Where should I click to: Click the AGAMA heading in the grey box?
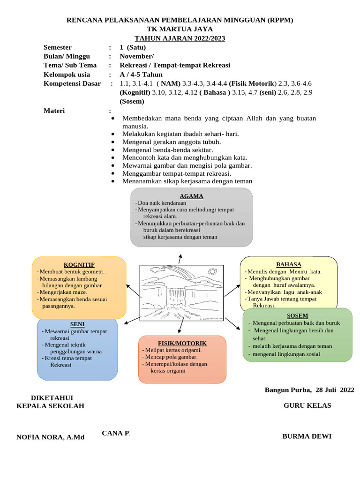coord(191,196)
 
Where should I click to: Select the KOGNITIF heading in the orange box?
coord(79,265)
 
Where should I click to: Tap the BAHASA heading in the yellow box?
coord(289,264)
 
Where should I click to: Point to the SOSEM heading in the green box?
coord(297,315)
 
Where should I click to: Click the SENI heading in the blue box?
coord(77,324)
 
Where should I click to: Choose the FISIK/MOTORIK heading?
coord(182,343)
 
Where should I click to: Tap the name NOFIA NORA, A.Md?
coord(50,437)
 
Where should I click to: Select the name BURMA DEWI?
coord(307,436)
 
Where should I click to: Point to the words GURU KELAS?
coord(307,405)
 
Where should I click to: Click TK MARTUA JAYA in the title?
coord(180,29)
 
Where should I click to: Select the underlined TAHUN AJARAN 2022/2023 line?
coord(180,38)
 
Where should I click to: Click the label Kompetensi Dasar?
coord(72,83)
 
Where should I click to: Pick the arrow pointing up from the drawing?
coord(180,258)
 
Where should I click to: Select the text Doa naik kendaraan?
coord(162,203)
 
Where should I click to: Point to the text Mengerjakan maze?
coord(63,292)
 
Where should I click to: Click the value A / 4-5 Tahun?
coord(141,75)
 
